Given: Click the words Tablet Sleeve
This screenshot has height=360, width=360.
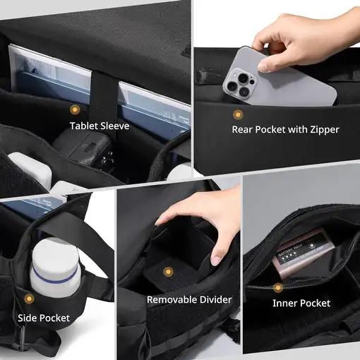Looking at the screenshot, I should coord(99,126).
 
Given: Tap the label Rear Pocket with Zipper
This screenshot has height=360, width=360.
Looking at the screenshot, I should coord(285,129).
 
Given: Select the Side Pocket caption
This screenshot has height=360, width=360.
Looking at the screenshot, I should coord(44,318).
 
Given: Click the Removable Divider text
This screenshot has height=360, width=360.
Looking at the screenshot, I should coord(188,299).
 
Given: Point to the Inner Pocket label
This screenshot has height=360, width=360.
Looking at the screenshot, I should coord(301,303).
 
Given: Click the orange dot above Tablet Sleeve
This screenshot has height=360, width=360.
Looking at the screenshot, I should coord(74,109).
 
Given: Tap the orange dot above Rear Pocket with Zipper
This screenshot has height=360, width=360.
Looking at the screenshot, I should coord(238,114).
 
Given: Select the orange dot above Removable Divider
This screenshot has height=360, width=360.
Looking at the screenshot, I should coord(167,271).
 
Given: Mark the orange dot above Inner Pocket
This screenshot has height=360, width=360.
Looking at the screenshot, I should coord(279,287).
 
